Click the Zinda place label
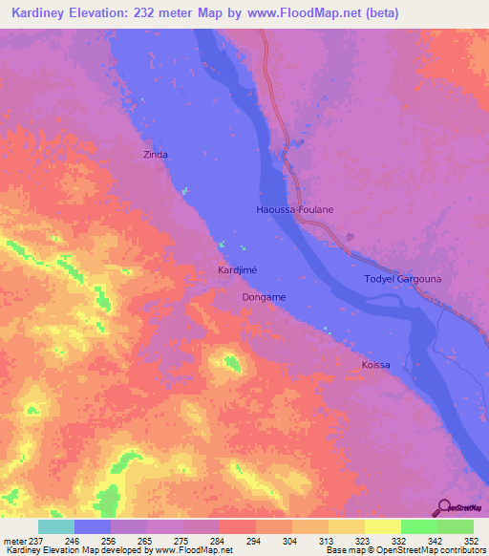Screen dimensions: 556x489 [x=156, y=154]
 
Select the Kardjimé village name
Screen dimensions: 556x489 [x=237, y=270]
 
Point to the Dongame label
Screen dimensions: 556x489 [x=263, y=297]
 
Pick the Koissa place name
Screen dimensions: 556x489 [x=376, y=366]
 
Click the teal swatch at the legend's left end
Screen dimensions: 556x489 [x=56, y=526]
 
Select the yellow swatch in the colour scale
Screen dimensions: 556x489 [x=382, y=526]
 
